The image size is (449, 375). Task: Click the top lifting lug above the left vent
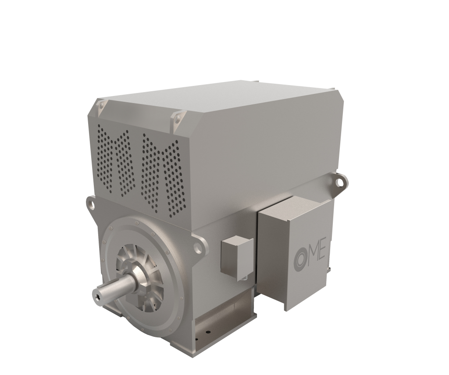tap(100, 105)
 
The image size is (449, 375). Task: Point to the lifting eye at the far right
tap(339, 180)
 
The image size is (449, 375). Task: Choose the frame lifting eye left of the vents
tap(91, 203)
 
